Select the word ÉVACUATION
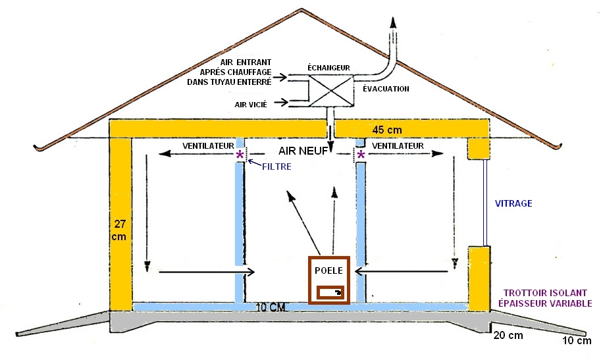tap(386, 89)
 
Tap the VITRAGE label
tap(514, 204)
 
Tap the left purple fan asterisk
tap(240, 155)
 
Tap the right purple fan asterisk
tap(361, 155)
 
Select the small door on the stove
tap(330, 292)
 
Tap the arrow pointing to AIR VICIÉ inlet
tap(279, 102)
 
